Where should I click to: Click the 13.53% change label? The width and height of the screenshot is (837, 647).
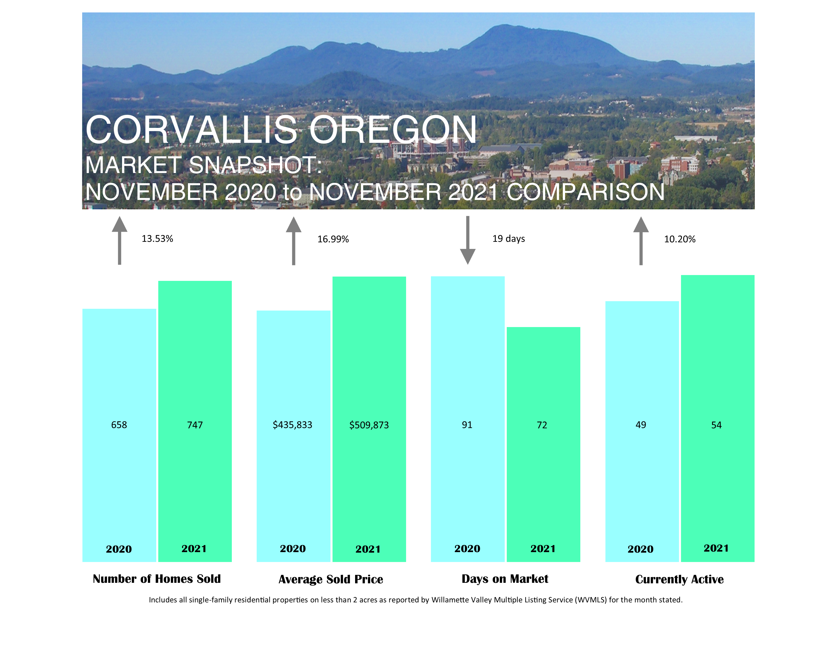click(157, 239)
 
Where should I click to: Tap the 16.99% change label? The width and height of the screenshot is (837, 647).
click(333, 239)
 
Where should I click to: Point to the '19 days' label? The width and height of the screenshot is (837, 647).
click(509, 239)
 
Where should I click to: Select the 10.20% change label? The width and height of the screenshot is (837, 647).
click(679, 239)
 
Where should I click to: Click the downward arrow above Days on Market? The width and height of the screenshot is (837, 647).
click(467, 240)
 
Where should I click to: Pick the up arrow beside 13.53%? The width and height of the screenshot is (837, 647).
click(119, 240)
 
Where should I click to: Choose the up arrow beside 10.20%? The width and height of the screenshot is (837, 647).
click(641, 241)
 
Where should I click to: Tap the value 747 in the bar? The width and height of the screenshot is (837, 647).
click(195, 425)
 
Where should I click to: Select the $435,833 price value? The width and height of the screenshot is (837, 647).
click(292, 425)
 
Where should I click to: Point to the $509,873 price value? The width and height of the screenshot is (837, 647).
click(369, 425)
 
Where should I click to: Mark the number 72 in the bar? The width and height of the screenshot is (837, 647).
click(542, 425)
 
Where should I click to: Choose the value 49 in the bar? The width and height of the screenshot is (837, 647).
click(641, 425)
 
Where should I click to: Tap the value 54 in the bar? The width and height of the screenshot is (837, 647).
click(716, 425)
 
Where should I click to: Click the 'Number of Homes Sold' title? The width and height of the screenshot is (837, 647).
click(157, 579)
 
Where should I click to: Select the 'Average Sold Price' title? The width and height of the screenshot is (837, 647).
click(331, 579)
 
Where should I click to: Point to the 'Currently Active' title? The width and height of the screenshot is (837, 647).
click(679, 579)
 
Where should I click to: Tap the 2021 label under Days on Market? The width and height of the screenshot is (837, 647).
click(543, 549)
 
